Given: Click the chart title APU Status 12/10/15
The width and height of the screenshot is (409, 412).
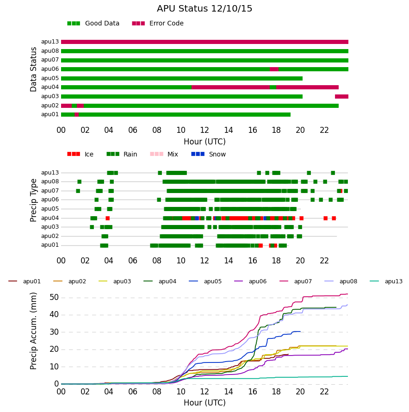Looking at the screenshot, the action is click(204, 9).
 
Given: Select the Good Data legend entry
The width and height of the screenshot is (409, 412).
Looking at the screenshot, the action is click(93, 24).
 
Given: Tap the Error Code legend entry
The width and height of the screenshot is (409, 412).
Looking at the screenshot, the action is click(158, 24).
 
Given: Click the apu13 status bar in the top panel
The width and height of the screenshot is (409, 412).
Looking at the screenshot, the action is click(204, 42).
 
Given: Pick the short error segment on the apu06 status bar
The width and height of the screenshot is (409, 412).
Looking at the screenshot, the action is click(274, 69).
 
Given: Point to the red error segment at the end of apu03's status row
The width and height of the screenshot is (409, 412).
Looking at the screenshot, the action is click(341, 97).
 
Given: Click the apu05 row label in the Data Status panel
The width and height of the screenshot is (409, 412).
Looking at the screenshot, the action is click(50, 78).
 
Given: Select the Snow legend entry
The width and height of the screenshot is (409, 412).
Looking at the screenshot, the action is click(209, 154).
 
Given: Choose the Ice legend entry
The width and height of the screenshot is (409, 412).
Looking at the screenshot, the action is click(81, 154).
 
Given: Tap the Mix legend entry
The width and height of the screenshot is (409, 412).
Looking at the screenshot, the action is click(164, 154).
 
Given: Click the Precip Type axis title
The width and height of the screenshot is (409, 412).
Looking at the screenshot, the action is click(33, 200).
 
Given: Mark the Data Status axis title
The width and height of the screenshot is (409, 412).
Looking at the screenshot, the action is click(33, 69).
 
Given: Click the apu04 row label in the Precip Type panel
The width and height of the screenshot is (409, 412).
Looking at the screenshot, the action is click(50, 218).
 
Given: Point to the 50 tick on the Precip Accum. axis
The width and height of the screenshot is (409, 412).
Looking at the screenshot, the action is click(54, 298).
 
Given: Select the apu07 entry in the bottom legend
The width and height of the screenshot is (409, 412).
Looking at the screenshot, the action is click(296, 281).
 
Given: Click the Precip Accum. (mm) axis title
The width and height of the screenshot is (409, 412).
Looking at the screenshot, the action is click(33, 331).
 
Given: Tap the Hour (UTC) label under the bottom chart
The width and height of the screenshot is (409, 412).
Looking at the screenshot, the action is click(204, 403).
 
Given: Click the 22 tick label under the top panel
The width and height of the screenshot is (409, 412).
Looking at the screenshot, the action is click(324, 130).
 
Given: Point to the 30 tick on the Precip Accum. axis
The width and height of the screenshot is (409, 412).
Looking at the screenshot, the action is click(54, 332).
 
